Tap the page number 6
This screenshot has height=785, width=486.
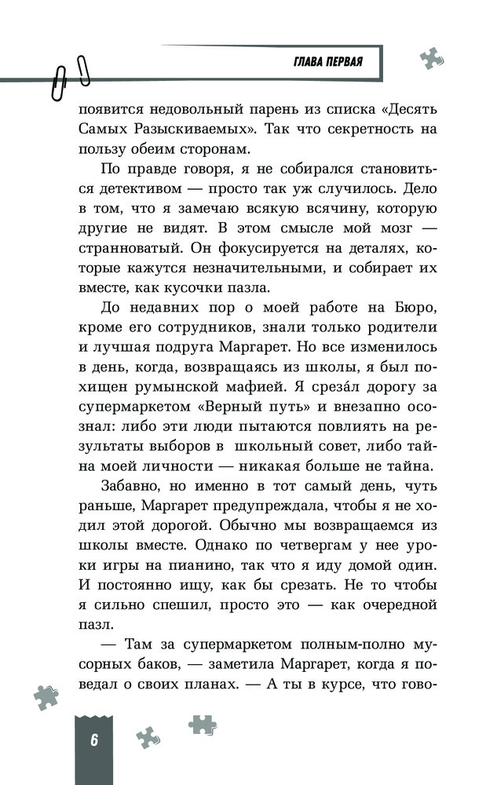coord(93,740)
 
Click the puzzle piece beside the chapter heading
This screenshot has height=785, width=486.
coord(430,57)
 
